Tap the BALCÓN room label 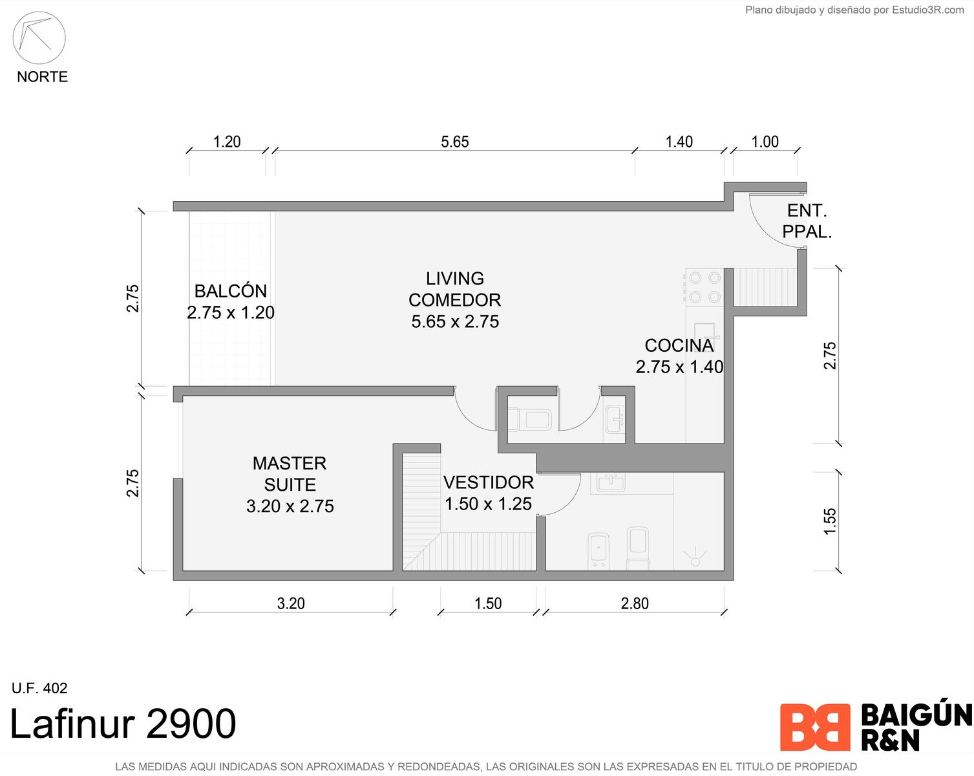click(x=231, y=291)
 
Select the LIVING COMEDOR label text click(x=455, y=289)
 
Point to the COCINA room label click(x=679, y=346)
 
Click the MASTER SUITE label click(x=290, y=474)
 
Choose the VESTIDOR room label click(x=489, y=482)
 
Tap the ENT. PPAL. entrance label click(x=807, y=221)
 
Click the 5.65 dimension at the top click(x=455, y=142)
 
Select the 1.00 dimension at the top click(x=765, y=142)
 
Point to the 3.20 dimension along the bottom click(x=291, y=603)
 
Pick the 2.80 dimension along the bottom click(x=635, y=603)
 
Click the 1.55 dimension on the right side click(x=830, y=521)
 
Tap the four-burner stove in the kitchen click(x=704, y=286)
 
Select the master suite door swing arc click(x=467, y=418)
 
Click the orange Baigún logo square click(x=815, y=727)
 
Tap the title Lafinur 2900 click(x=123, y=724)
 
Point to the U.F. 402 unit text click(x=39, y=688)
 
